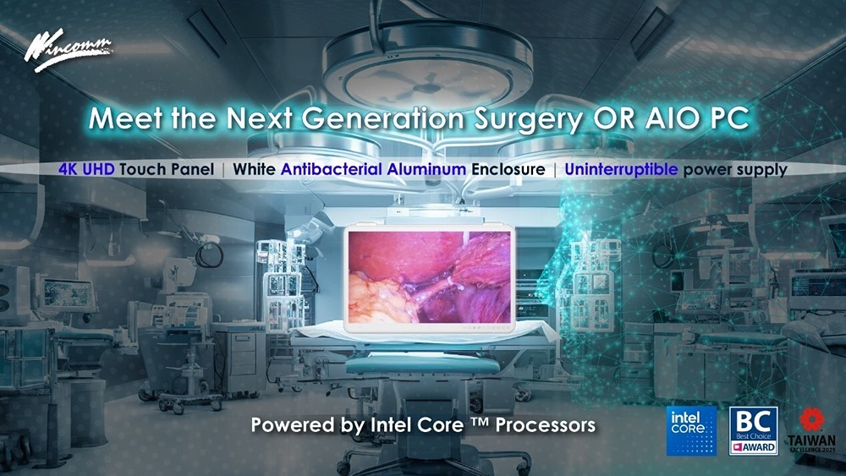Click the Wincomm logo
click(67, 50)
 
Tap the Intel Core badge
click(692, 430)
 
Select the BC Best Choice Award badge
click(754, 430)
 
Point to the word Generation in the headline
click(383, 118)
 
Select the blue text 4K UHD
click(86, 169)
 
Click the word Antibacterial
click(332, 169)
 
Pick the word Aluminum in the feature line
click(426, 169)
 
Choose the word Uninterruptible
click(621, 169)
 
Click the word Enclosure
click(508, 169)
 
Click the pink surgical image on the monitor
click(430, 276)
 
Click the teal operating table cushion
click(422, 365)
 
